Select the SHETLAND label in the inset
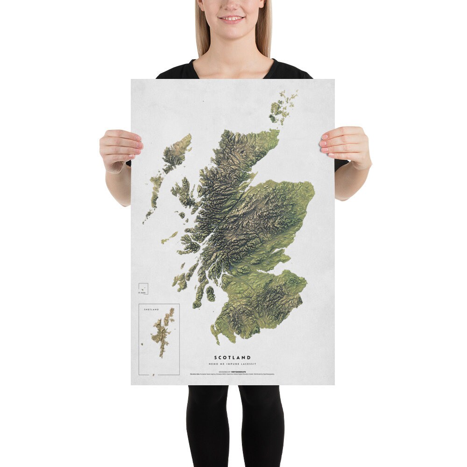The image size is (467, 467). tap(151, 310)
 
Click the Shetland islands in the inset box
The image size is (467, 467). tap(164, 333)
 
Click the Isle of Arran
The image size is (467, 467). tap(210, 294)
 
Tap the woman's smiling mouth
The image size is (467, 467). tap(232, 20)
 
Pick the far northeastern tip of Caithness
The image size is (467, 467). tap(278, 131)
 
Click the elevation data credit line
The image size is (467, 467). tap(232, 374)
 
